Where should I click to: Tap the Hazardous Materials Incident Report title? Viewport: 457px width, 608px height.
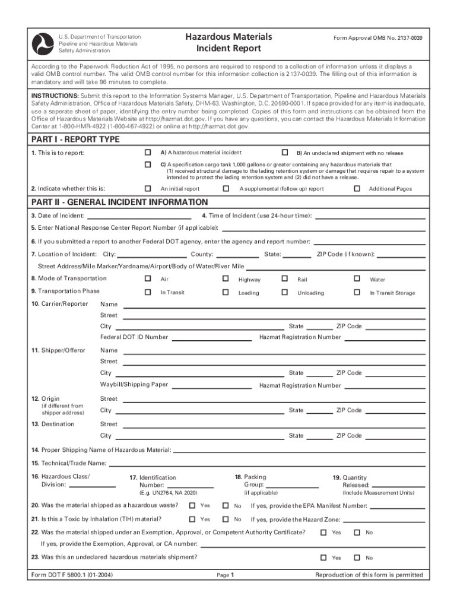228,42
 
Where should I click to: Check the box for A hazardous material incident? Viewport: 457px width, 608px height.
148,152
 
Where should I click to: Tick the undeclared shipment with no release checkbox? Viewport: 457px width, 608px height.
285,152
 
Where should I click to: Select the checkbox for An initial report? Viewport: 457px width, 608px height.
148,188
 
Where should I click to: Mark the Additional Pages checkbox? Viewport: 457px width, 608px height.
357,188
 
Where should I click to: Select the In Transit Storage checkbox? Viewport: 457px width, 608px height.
357,292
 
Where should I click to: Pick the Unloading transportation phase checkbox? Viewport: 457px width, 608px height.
285,292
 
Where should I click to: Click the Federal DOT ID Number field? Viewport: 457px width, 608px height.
211,339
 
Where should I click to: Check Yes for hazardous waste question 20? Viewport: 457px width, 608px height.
192,506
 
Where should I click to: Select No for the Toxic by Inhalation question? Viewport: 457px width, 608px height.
226,519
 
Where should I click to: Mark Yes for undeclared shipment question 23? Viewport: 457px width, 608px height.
323,558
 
